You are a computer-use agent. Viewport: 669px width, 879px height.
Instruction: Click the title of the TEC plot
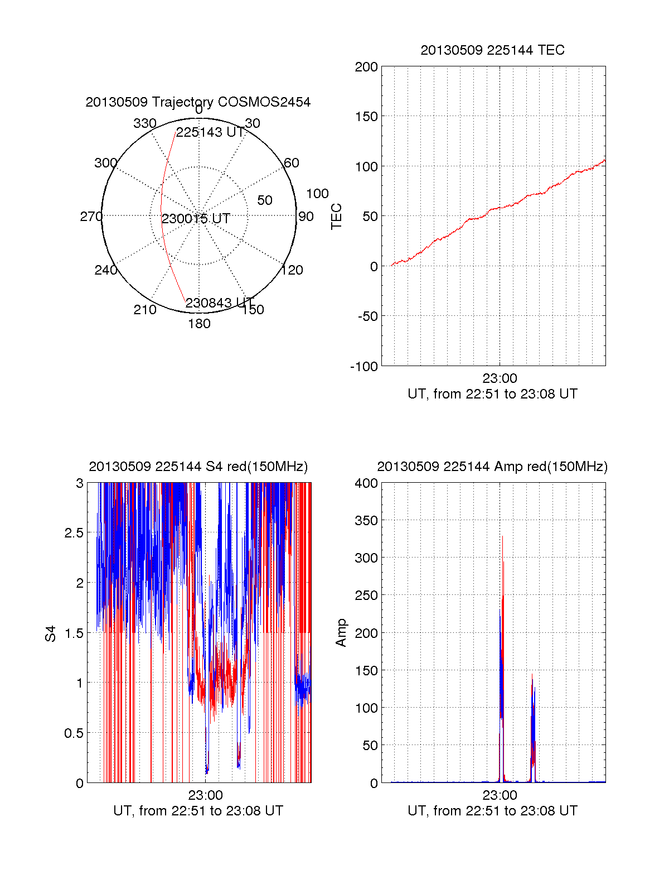click(x=492, y=50)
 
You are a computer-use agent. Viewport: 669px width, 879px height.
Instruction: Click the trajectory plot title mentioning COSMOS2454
click(x=198, y=102)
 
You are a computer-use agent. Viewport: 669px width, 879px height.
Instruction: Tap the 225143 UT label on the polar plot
click(x=210, y=132)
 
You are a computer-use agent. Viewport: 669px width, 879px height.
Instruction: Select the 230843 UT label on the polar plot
click(x=219, y=303)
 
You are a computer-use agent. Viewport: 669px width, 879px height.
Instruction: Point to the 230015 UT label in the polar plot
click(x=196, y=219)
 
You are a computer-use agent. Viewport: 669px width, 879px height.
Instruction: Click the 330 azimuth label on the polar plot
click(x=145, y=123)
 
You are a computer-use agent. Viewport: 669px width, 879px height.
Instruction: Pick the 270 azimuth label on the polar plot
click(x=91, y=217)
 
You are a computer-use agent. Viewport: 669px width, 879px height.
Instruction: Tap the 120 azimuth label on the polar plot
click(x=292, y=270)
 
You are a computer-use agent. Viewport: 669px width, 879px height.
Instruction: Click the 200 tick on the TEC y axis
click(x=366, y=68)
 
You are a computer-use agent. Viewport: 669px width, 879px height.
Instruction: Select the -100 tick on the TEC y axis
click(x=364, y=367)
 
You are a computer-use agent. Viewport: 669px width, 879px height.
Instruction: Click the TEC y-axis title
click(x=337, y=217)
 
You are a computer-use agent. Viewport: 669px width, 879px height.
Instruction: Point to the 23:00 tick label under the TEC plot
click(x=500, y=378)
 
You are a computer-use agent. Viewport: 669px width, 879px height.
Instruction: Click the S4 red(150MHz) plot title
click(x=198, y=467)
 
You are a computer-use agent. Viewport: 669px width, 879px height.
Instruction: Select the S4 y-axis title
click(x=51, y=634)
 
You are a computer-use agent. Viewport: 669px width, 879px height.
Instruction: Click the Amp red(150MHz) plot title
click(x=492, y=467)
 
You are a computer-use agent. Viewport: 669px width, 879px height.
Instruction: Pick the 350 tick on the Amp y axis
click(x=366, y=521)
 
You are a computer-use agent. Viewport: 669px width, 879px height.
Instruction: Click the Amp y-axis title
click(x=341, y=633)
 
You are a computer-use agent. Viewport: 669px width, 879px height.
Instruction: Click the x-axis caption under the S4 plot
click(x=198, y=811)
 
